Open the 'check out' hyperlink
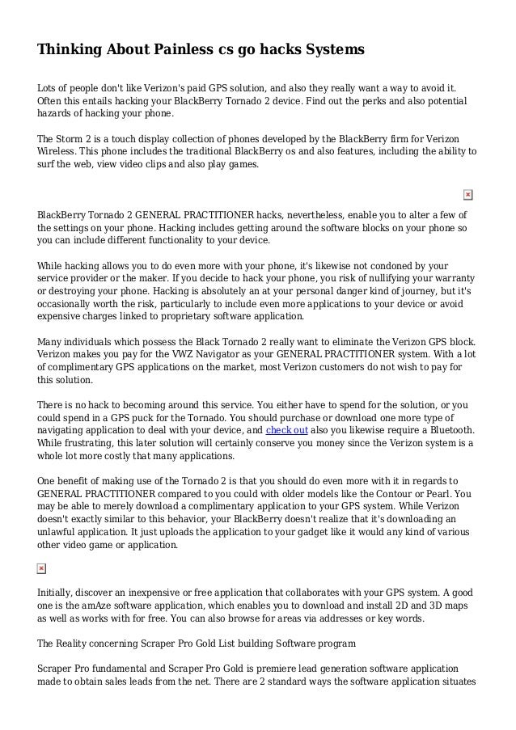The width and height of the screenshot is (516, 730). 287,431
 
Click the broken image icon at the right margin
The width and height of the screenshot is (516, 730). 468,195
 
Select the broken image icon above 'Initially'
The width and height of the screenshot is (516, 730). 42,568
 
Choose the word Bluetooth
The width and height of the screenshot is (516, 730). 450,431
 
